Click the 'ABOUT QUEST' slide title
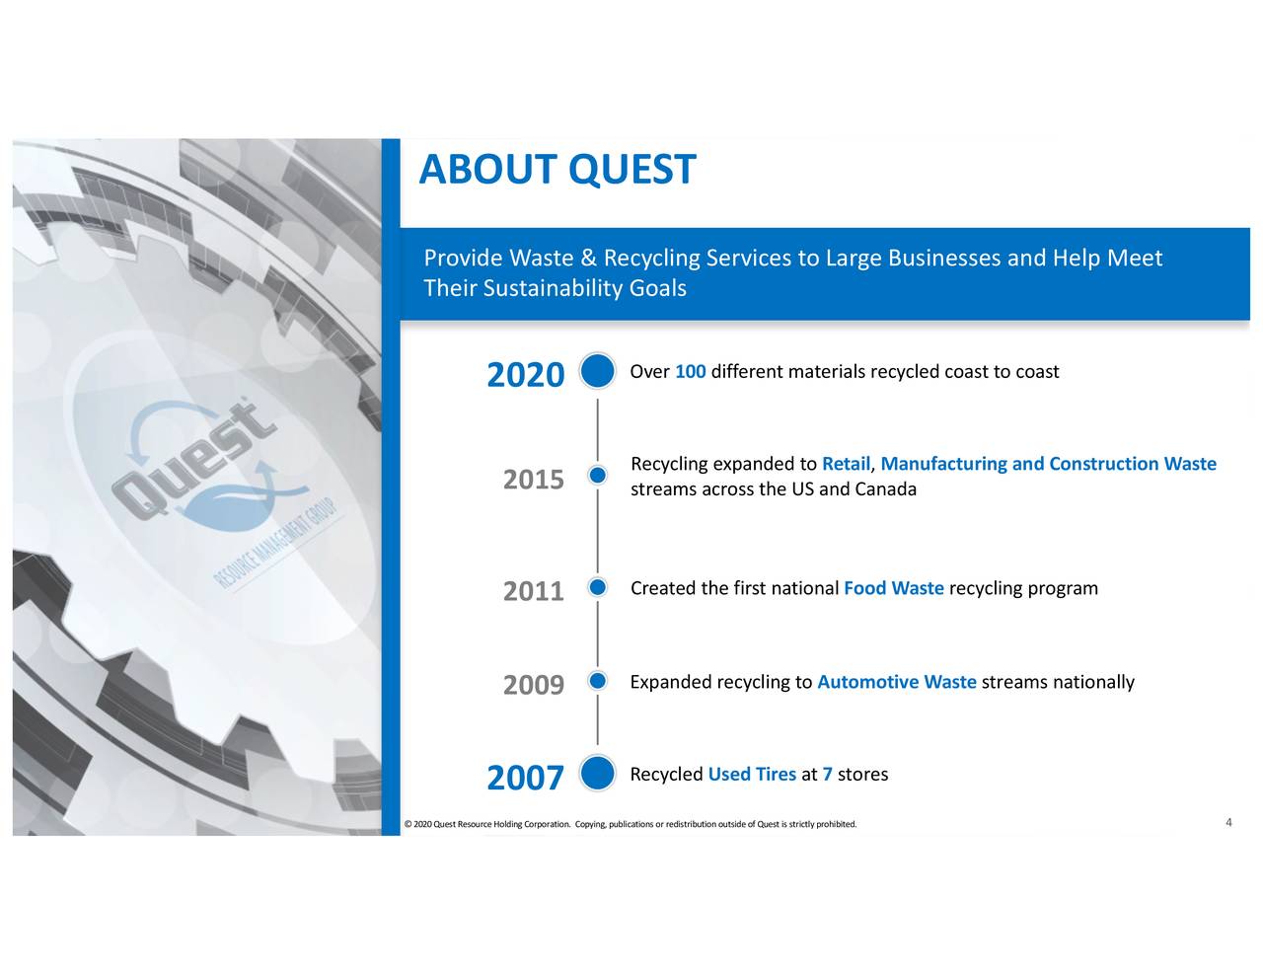tap(557, 170)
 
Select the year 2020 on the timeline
tap(525, 376)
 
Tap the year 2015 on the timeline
tap(533, 480)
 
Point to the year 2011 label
tap(533, 591)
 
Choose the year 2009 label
tap(533, 685)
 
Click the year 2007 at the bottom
tap(525, 779)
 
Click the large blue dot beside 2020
tap(597, 372)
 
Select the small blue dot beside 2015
tap(597, 476)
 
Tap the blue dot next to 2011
tap(597, 588)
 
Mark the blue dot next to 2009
tap(597, 681)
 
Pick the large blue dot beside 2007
tap(597, 774)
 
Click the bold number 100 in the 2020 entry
tap(690, 372)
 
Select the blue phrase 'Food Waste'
tap(894, 589)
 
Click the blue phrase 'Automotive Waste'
tap(897, 683)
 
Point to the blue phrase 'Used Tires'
tap(752, 775)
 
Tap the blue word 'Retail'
tap(846, 465)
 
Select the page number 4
tap(1228, 823)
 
